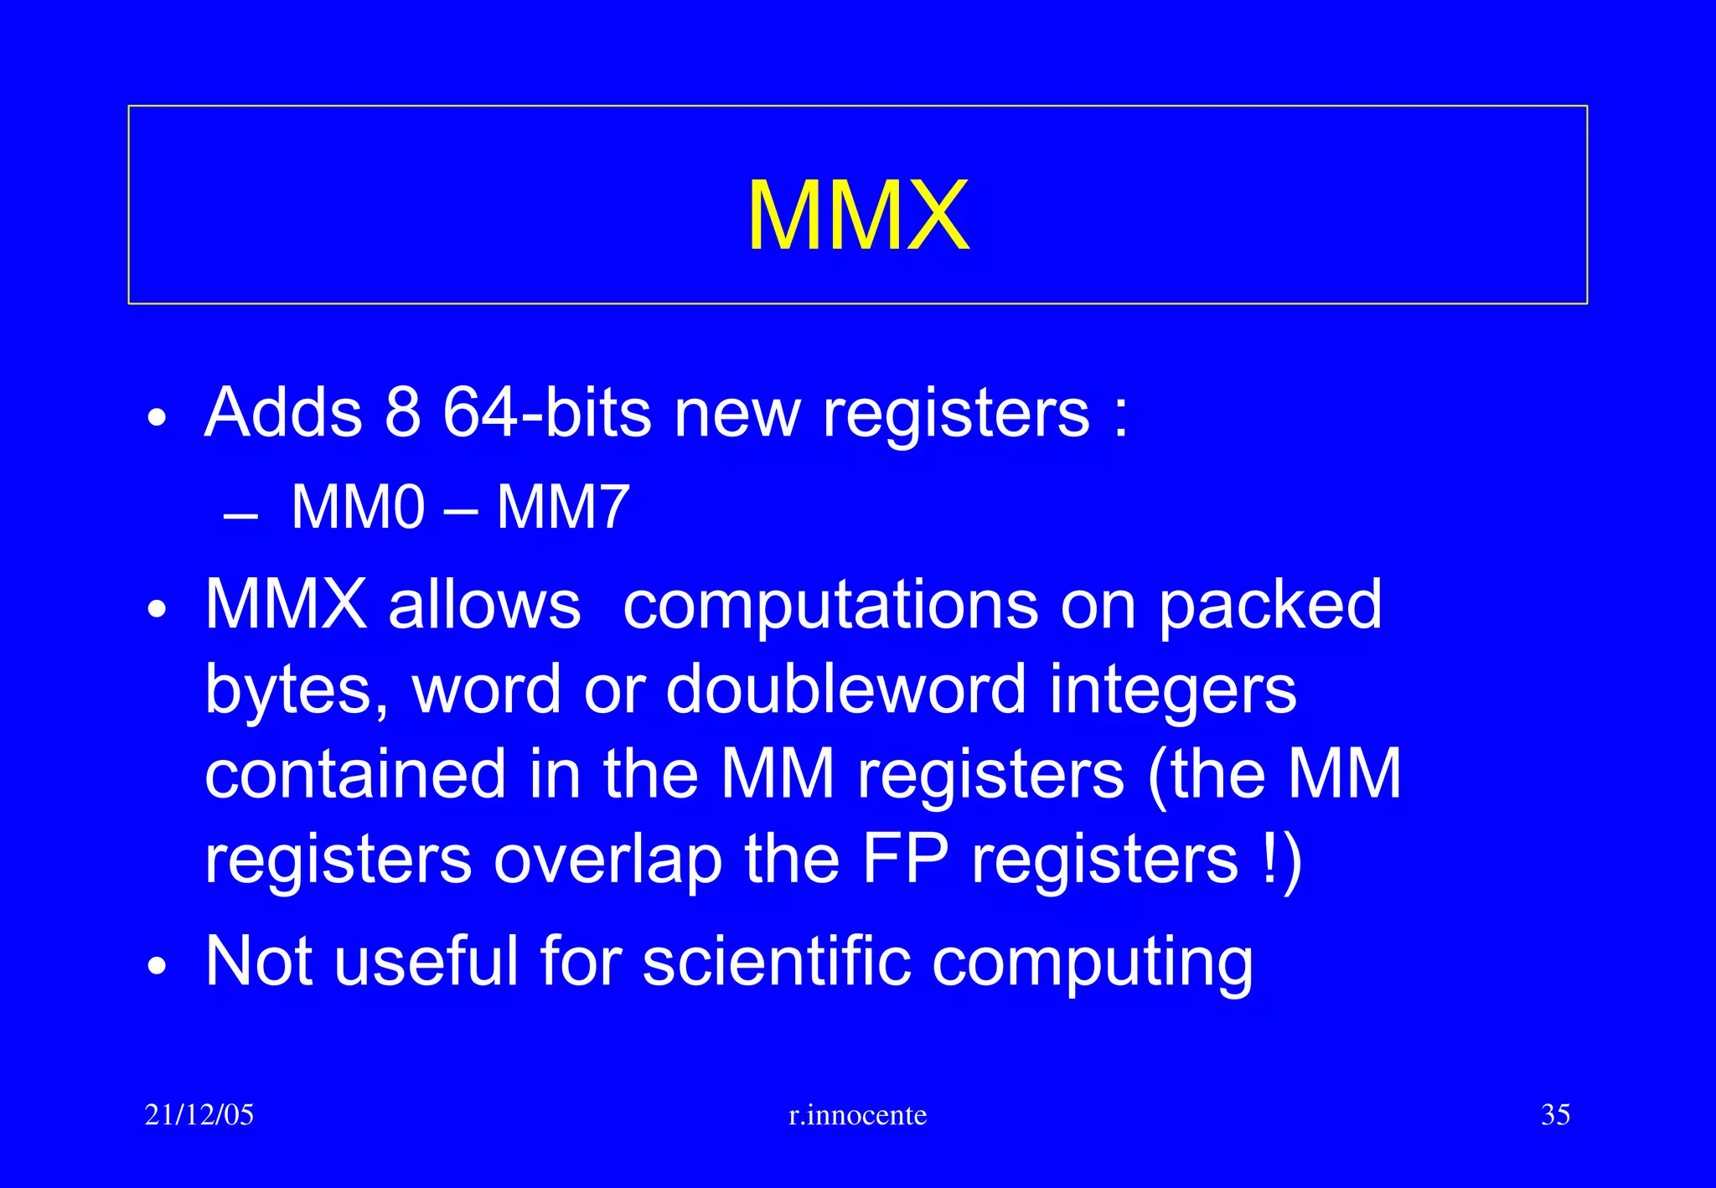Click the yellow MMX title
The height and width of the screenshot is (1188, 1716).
coord(858,215)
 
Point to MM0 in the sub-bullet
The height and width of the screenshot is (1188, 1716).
coord(358,507)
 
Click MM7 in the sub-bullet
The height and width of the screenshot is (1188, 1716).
coord(562,507)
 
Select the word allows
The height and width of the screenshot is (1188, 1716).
coord(484,604)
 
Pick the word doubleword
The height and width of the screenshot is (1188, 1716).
coord(845,689)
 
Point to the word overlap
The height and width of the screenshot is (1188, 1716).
coord(607,860)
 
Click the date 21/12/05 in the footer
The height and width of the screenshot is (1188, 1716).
coord(199,1115)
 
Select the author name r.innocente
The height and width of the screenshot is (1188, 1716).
coord(858,1115)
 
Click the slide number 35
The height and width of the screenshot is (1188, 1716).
coord(1555,1115)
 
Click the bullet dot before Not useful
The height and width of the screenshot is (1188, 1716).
coord(157,966)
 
